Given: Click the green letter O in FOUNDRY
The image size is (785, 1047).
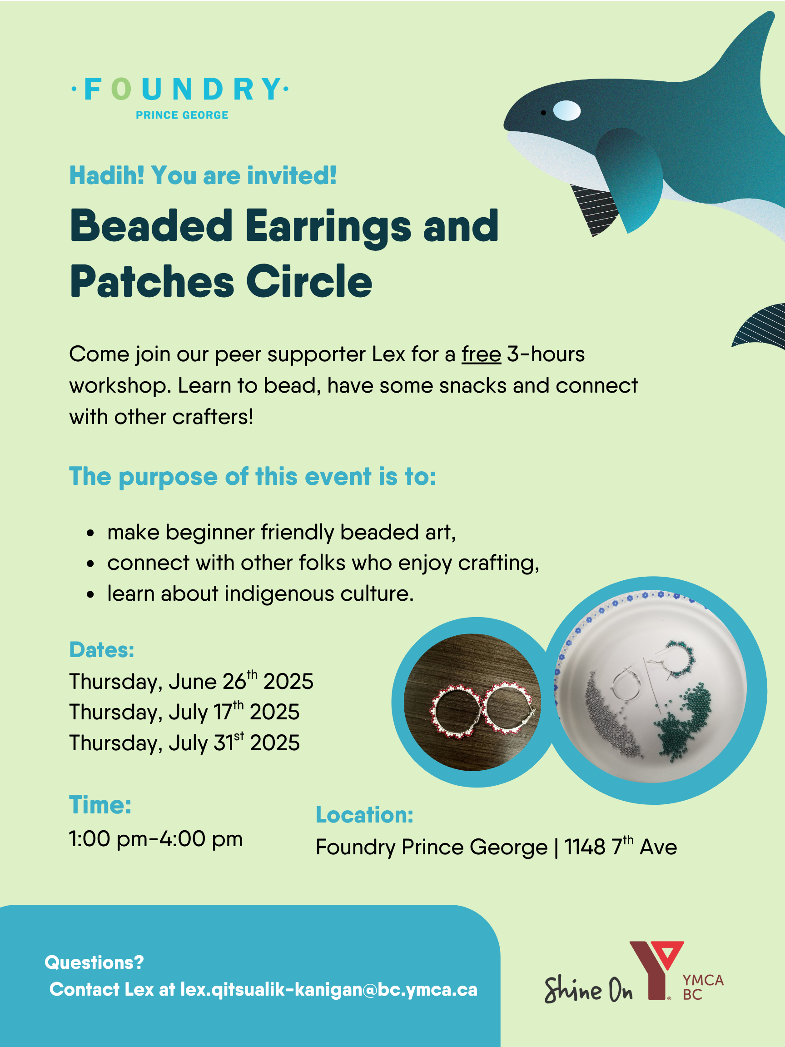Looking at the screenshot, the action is pos(122,89).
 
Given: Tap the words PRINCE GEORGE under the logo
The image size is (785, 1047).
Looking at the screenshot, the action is pos(182,115).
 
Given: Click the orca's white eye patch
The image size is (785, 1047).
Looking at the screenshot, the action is pos(567,111).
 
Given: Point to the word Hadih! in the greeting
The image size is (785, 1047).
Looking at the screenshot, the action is pos(107,175).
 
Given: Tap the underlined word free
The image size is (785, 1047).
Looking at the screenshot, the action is pos(481,354).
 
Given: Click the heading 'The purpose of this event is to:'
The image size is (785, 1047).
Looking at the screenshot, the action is pos(253,476).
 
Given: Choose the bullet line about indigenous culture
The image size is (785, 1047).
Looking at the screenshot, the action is pos(261,593).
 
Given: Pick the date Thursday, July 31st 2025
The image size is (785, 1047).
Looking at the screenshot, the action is pos(184,742).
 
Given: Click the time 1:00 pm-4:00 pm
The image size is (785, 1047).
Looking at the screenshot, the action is pos(156,839).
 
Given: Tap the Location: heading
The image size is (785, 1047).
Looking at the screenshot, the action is pos(364,815).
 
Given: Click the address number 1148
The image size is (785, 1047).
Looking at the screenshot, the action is pos(585,847).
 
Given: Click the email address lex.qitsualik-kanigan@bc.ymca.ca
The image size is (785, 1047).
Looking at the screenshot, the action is pos(329,989).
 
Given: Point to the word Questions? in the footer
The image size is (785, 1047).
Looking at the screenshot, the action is pos(94,962).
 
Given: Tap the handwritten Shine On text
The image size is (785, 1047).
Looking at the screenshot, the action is pos(588,989).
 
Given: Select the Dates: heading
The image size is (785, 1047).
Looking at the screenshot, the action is pos(102,649).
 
